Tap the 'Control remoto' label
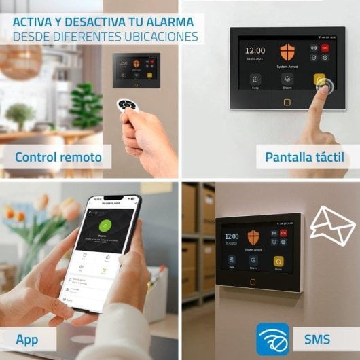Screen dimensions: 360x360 [58, 158]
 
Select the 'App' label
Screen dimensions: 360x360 [27, 339]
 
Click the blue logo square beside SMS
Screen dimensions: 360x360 [273, 339]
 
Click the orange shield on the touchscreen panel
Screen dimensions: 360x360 [287, 53]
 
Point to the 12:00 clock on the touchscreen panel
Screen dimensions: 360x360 [255, 50]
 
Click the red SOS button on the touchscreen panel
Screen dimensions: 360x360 [325, 48]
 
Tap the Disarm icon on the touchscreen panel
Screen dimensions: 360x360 [287, 79]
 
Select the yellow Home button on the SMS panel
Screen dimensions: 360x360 [278, 261]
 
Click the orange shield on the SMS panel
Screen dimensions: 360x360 [253, 237]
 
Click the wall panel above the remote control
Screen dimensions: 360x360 [136, 69]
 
